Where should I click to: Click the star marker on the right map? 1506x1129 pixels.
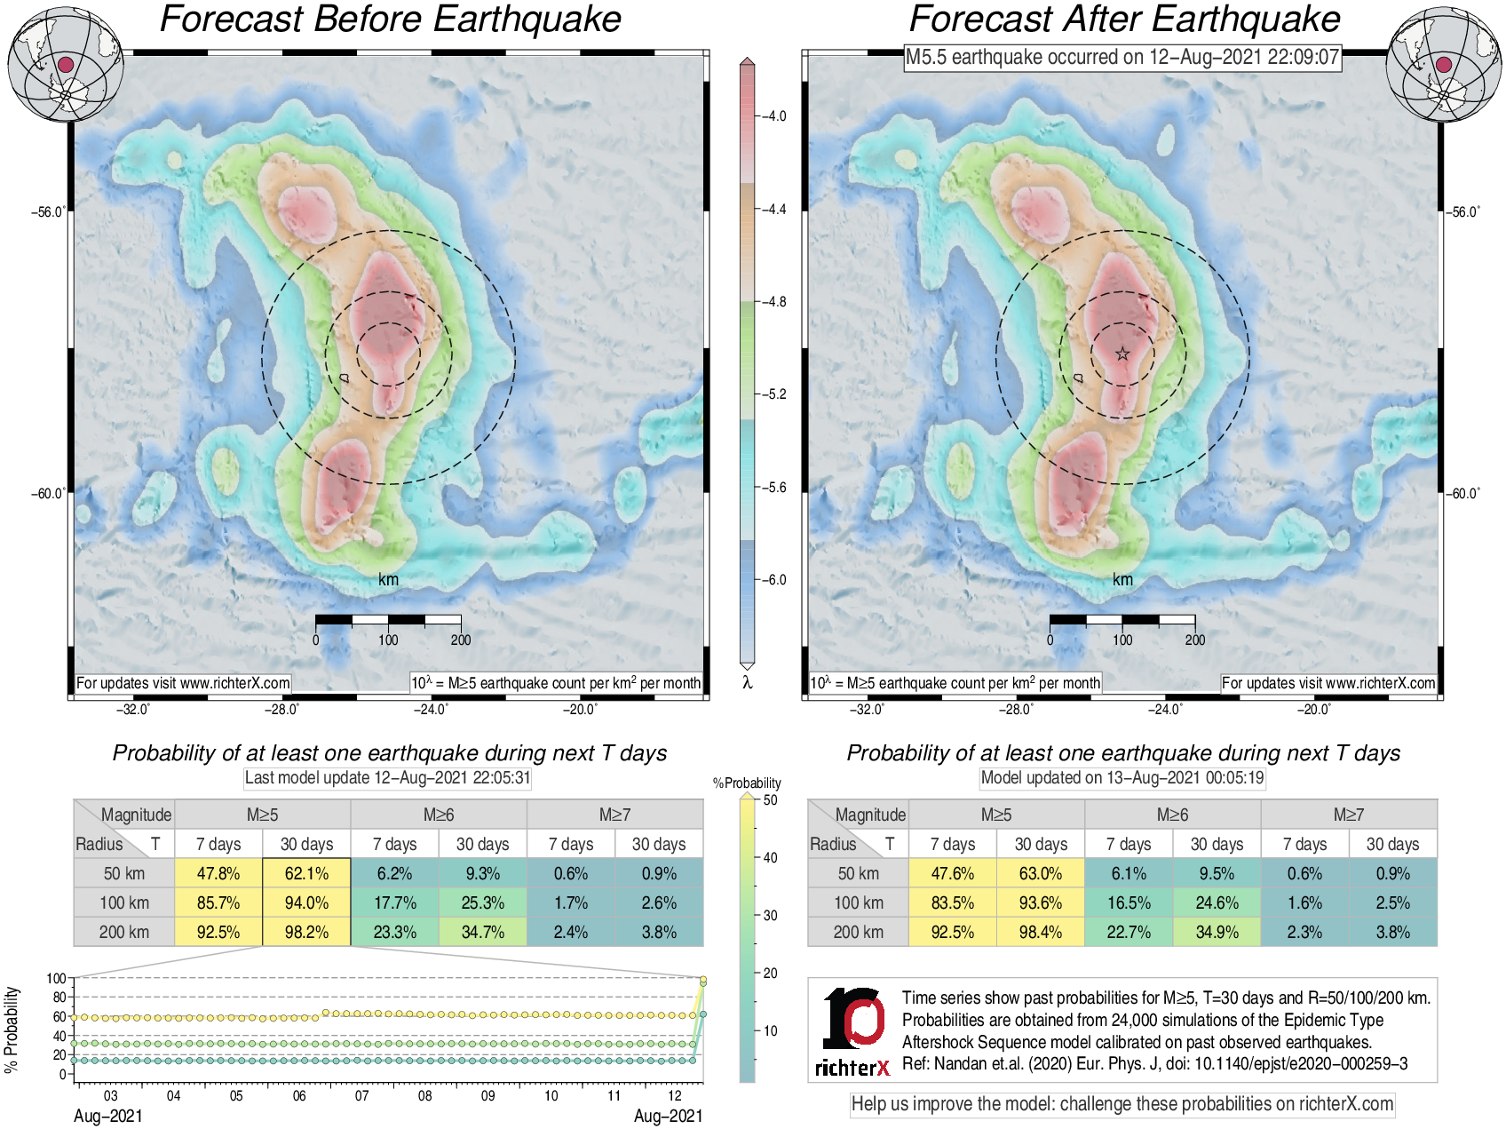point(1122,354)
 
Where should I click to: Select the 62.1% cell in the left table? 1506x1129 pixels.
point(306,873)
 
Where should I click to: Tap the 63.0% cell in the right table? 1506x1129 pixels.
point(1041,873)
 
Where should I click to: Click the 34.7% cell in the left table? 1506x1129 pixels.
point(482,932)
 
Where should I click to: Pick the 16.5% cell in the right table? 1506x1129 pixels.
point(1129,902)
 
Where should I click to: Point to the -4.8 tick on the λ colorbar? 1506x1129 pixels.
point(774,302)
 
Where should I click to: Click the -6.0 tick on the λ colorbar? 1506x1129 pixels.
point(774,580)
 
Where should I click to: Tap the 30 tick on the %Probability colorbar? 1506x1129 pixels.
point(769,915)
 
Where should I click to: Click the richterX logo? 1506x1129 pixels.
point(852,1030)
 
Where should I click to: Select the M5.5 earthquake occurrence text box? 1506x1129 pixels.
point(1122,58)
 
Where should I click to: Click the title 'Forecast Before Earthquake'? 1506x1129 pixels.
point(390,20)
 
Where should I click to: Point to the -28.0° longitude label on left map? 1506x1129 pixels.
point(281,709)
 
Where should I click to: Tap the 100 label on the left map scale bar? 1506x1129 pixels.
point(388,640)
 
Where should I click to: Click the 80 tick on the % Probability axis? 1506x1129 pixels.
point(59,998)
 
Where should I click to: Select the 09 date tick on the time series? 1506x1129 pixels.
point(487,1095)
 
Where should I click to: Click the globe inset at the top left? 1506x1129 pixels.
point(65,64)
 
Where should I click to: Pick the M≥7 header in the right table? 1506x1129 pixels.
point(1348,815)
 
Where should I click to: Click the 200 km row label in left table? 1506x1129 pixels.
point(124,932)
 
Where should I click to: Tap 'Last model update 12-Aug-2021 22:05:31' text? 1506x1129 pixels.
point(387,778)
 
